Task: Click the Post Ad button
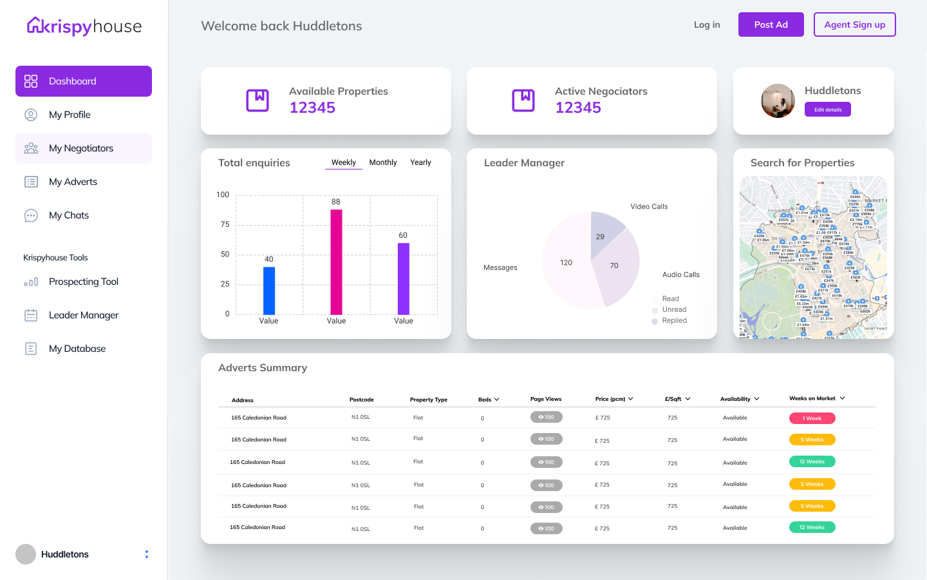tap(771, 24)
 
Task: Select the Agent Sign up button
tap(854, 24)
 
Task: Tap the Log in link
tap(707, 24)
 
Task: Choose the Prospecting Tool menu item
tap(84, 282)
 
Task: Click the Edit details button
tap(827, 110)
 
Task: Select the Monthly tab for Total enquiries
tap(382, 162)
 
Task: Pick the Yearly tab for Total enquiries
tap(420, 162)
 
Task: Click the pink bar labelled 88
tap(336, 262)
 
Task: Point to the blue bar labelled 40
tap(269, 291)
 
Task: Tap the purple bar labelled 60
tap(404, 278)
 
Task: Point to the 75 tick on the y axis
tap(225, 224)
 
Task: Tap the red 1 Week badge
tap(812, 418)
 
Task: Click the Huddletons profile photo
tap(778, 101)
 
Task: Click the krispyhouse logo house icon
tap(35, 26)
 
